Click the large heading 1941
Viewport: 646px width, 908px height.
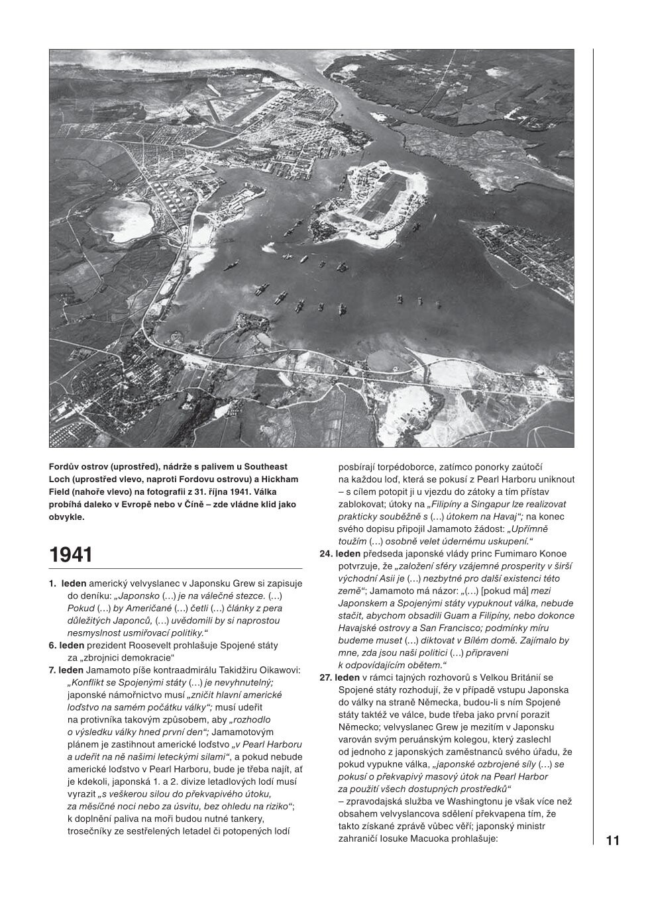(71, 554)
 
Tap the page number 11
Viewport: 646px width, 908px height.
(612, 840)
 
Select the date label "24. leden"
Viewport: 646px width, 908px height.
(340, 554)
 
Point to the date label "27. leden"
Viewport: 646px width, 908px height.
(340, 678)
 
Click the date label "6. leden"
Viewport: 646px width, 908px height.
(66, 645)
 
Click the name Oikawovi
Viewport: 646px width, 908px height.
(276, 670)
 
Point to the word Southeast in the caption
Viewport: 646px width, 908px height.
(264, 467)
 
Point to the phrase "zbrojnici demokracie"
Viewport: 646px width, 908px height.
(121, 658)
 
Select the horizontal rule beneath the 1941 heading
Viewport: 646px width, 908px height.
(176, 568)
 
